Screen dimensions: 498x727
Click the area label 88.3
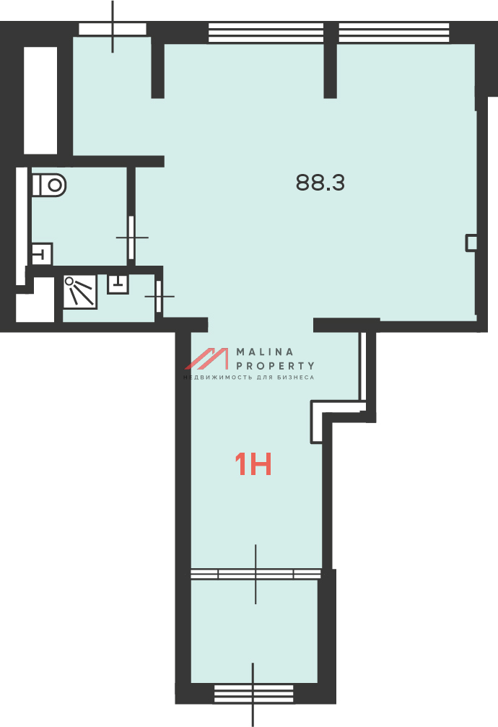320,183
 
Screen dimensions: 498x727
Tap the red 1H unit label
253,464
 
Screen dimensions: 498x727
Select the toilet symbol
48,185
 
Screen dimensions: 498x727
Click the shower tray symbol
80,292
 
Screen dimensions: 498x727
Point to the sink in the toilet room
42,253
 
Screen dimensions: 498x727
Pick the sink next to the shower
118,284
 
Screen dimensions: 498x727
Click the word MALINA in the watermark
265,352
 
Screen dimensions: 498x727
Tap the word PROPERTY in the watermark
276,366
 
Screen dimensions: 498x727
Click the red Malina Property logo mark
207,358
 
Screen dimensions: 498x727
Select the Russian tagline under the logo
248,378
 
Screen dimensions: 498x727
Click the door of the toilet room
131,238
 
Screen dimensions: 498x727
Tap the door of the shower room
159,296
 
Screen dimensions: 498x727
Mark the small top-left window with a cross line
113,29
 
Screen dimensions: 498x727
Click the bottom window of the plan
253,694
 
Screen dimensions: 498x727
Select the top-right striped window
394,32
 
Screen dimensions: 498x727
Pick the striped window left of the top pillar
266,32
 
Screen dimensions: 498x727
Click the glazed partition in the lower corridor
255,574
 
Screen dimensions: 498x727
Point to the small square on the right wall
471,243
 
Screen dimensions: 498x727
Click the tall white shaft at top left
40,100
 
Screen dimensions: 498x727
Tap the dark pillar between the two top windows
330,60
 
